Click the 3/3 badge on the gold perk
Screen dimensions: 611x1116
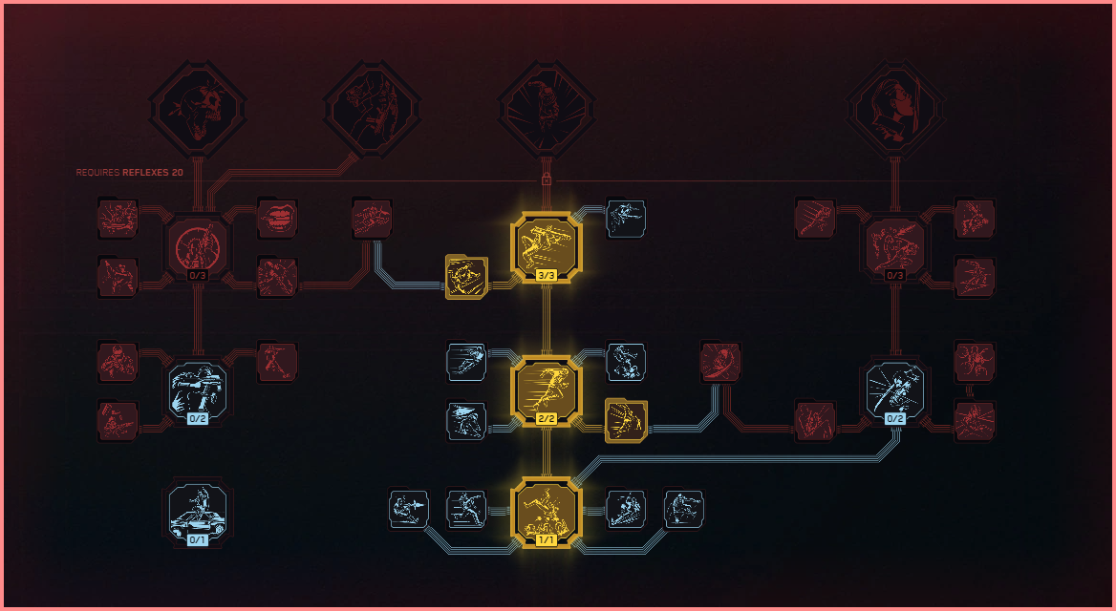[x=547, y=276]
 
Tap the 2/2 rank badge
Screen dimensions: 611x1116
[x=547, y=419]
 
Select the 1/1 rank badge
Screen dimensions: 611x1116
[x=547, y=539]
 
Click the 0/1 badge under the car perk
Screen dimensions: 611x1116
[x=198, y=539]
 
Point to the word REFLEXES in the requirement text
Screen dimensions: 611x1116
[x=144, y=173]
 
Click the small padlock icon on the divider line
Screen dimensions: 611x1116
[x=547, y=179]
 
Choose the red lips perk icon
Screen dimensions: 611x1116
[x=277, y=219]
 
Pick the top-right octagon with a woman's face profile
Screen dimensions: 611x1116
[x=895, y=105]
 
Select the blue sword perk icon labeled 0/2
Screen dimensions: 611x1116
[x=895, y=389]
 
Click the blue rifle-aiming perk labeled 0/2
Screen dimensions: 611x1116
[x=198, y=389]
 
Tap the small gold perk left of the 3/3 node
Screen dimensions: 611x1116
[x=466, y=277]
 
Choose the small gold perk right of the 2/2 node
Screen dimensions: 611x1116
[x=627, y=421]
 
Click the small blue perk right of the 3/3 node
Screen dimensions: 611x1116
[x=626, y=219]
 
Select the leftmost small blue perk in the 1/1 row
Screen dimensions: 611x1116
[x=409, y=510]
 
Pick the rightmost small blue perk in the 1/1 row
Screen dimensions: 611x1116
[x=684, y=510]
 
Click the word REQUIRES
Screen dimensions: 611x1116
[x=97, y=173]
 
